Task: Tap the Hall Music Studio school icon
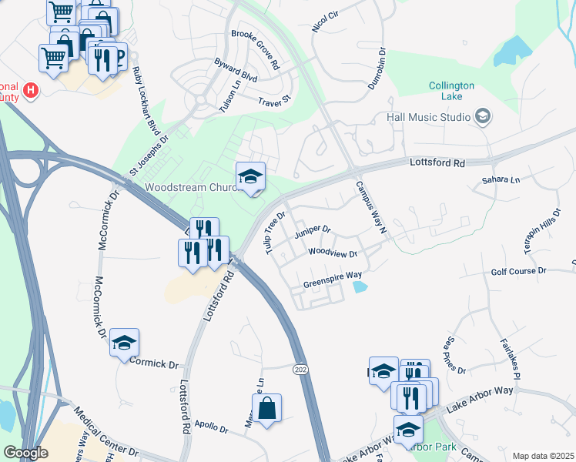click(483, 117)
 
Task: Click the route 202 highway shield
click(300, 370)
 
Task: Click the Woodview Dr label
click(333, 253)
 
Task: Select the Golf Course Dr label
click(518, 272)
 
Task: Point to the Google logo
click(25, 453)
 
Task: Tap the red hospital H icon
click(31, 91)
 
